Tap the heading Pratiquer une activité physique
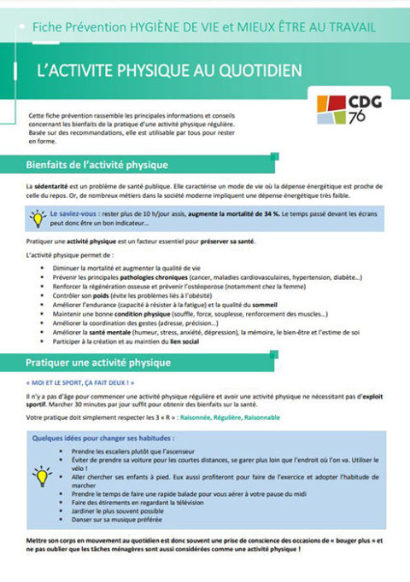click(x=98, y=362)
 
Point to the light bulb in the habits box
click(x=41, y=475)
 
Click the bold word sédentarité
click(x=52, y=185)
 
